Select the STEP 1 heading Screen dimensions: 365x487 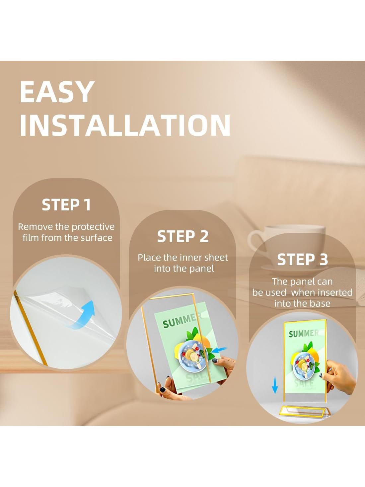click(x=66, y=204)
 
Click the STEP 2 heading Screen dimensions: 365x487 click(x=183, y=236)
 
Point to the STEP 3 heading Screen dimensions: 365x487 click(x=303, y=259)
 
